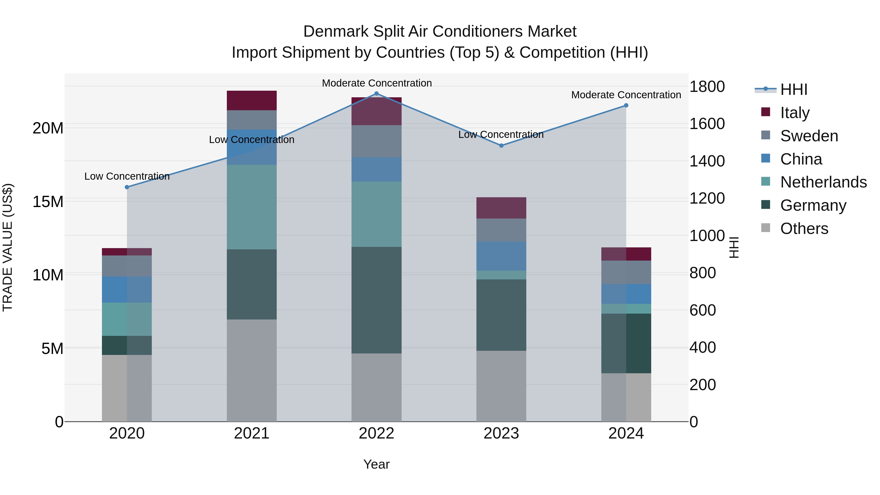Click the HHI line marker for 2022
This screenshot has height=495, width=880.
(376, 94)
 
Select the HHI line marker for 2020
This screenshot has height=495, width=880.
(127, 187)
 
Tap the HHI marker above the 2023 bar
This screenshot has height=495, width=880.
(501, 145)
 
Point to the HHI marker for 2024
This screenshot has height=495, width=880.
(626, 106)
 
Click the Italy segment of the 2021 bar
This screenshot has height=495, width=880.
(252, 100)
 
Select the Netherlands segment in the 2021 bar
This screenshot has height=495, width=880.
(252, 207)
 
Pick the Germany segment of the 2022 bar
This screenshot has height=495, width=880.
(376, 300)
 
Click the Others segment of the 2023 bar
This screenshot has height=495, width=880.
(501, 386)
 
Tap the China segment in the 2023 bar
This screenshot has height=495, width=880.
(501, 256)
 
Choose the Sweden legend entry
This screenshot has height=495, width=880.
(809, 136)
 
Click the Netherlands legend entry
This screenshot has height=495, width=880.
(823, 182)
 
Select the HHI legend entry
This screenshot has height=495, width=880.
(793, 89)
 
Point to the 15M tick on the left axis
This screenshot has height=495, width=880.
(48, 202)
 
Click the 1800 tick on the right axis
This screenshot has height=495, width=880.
(707, 87)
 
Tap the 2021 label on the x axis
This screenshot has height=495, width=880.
(252, 433)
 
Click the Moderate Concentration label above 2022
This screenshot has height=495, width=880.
(377, 83)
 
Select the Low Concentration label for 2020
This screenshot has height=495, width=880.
(127, 176)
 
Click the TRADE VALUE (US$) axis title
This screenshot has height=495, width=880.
(8, 247)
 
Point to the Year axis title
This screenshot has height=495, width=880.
(376, 464)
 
